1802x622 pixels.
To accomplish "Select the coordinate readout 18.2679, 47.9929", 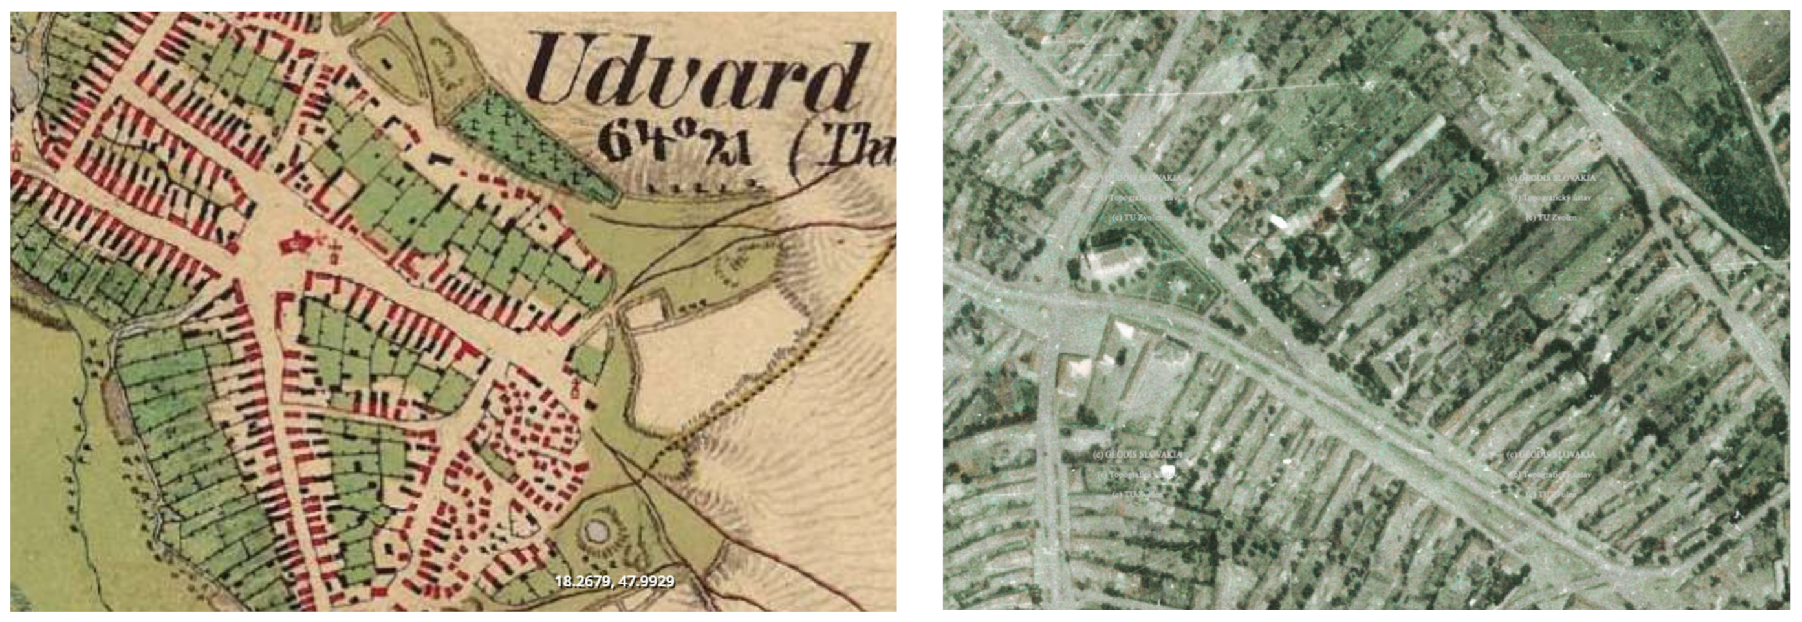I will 614,581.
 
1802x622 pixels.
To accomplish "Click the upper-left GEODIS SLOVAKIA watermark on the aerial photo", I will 1139,179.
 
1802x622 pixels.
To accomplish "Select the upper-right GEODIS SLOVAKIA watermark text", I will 1551,179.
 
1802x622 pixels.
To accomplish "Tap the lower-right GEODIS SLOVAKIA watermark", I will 1551,455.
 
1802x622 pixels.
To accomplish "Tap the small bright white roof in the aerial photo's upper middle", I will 1277,222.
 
